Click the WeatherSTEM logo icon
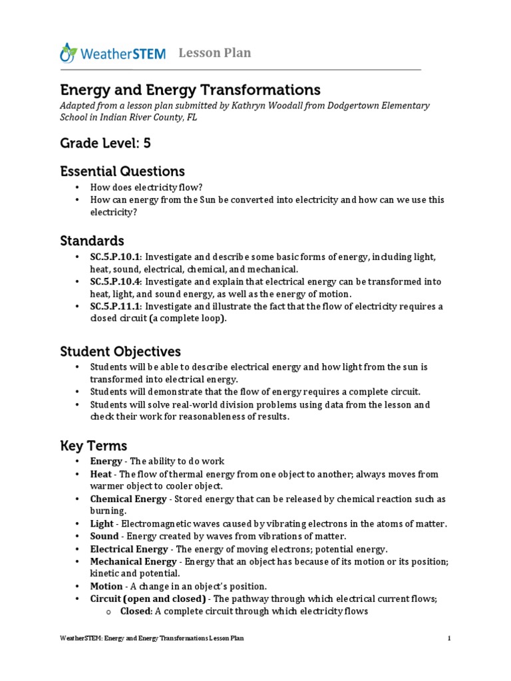pyautogui.click(x=69, y=53)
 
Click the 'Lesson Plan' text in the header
pyautogui.click(x=214, y=53)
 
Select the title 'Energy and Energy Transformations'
pyautogui.click(x=190, y=89)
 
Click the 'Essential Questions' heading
pyautogui.click(x=122, y=171)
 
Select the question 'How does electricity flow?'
pyautogui.click(x=146, y=188)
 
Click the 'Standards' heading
pyautogui.click(x=92, y=239)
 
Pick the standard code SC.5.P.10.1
pyautogui.click(x=115, y=257)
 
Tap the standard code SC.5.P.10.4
pyautogui.click(x=115, y=282)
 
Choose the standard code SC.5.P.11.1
pyautogui.click(x=115, y=307)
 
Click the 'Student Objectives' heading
pyautogui.click(x=120, y=350)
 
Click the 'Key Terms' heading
pyautogui.click(x=93, y=445)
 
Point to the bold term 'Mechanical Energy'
pyautogui.click(x=133, y=561)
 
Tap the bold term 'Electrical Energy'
pyautogui.click(x=129, y=549)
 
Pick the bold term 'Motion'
pyautogui.click(x=106, y=586)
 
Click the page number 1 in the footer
pyautogui.click(x=450, y=638)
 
